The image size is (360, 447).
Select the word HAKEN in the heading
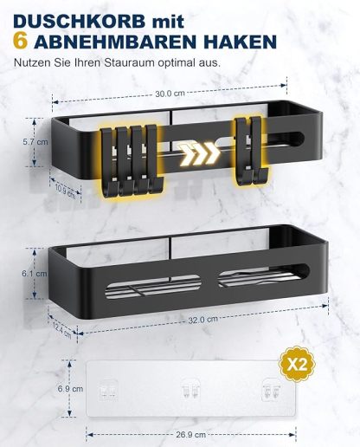(x=237, y=42)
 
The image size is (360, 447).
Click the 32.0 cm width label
(x=198, y=319)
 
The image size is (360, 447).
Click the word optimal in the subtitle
(x=196, y=64)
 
